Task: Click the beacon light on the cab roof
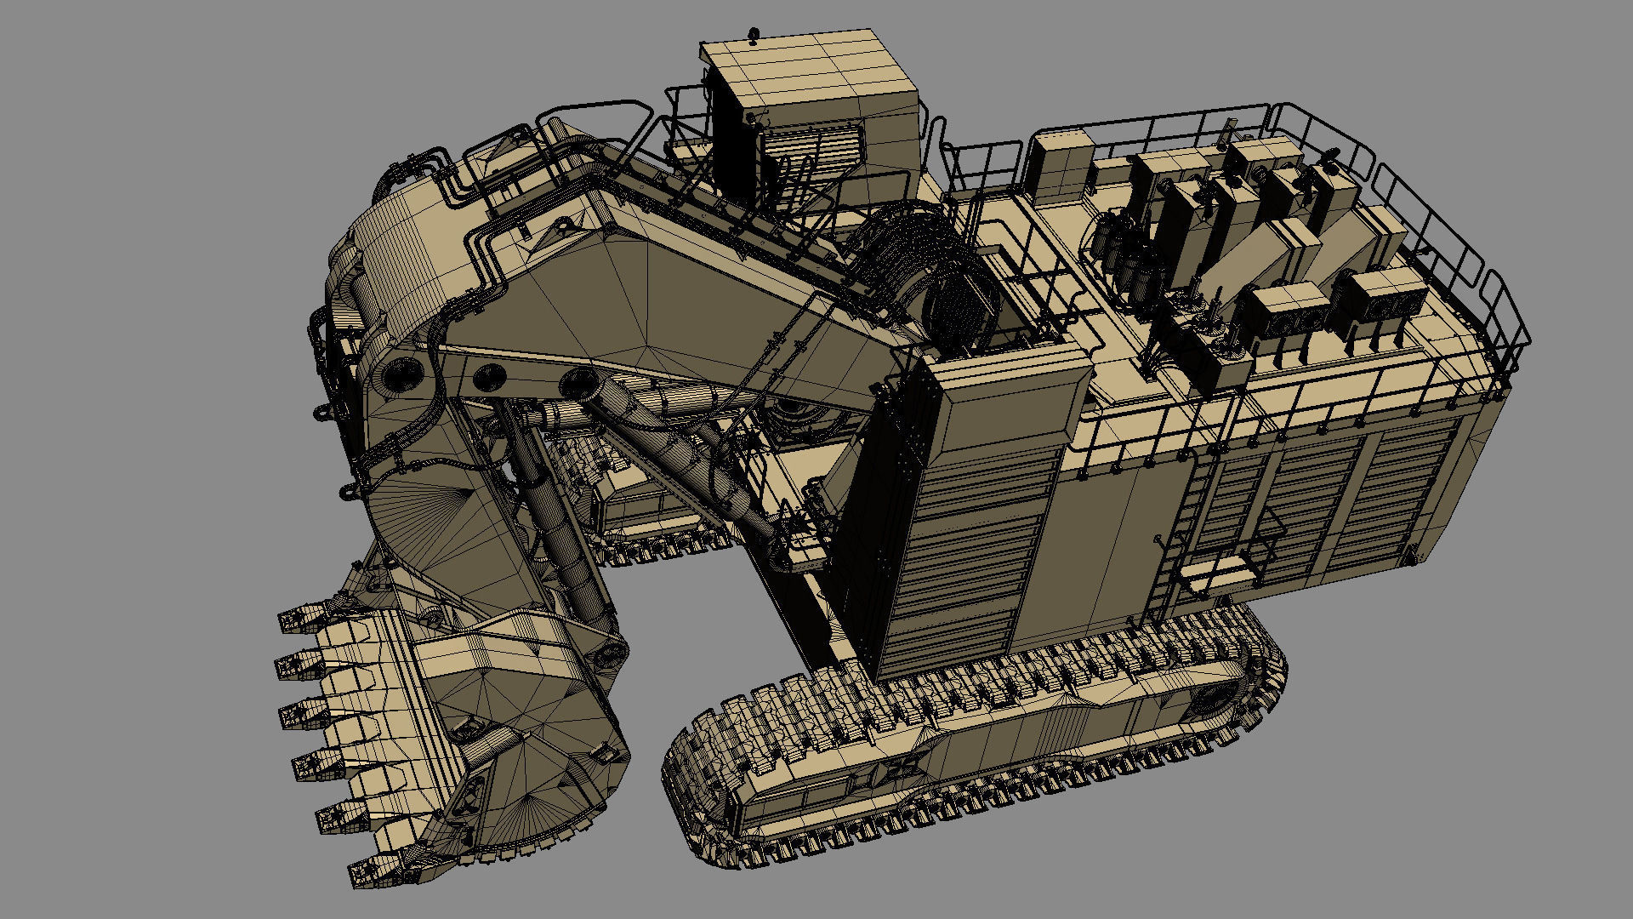[x=752, y=35]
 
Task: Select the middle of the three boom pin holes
[x=488, y=375]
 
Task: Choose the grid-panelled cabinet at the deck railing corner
[x=1059, y=166]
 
